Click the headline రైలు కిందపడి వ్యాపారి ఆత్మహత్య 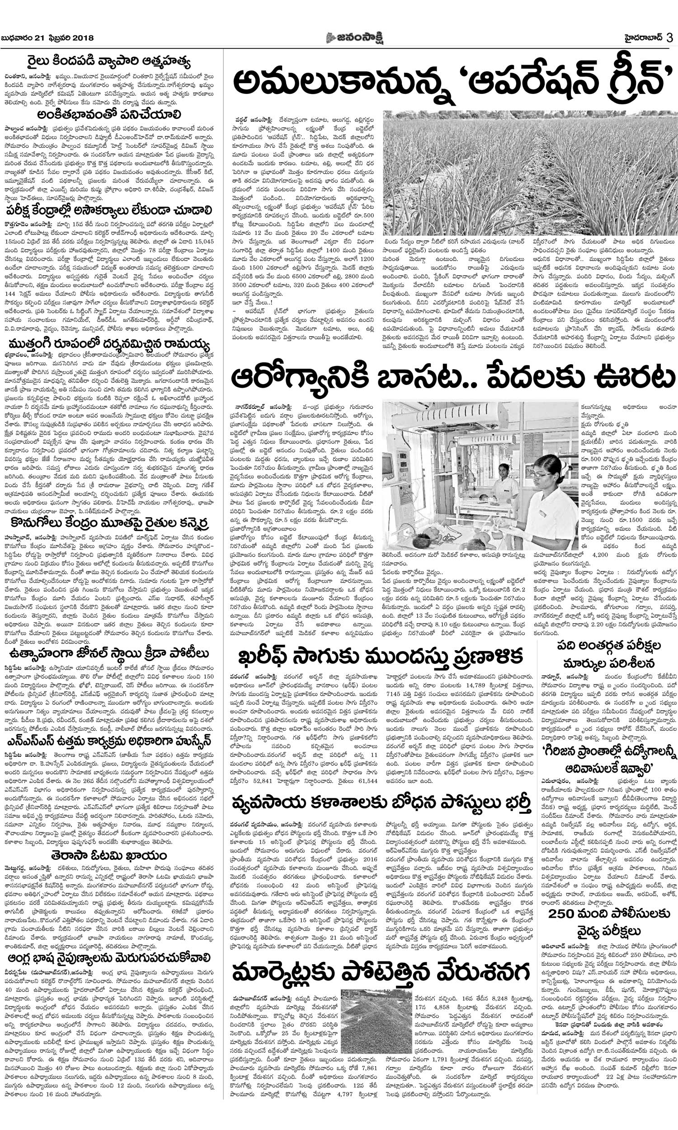tap(108, 61)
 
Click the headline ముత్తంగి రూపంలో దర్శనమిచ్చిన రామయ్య tap(108, 343)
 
